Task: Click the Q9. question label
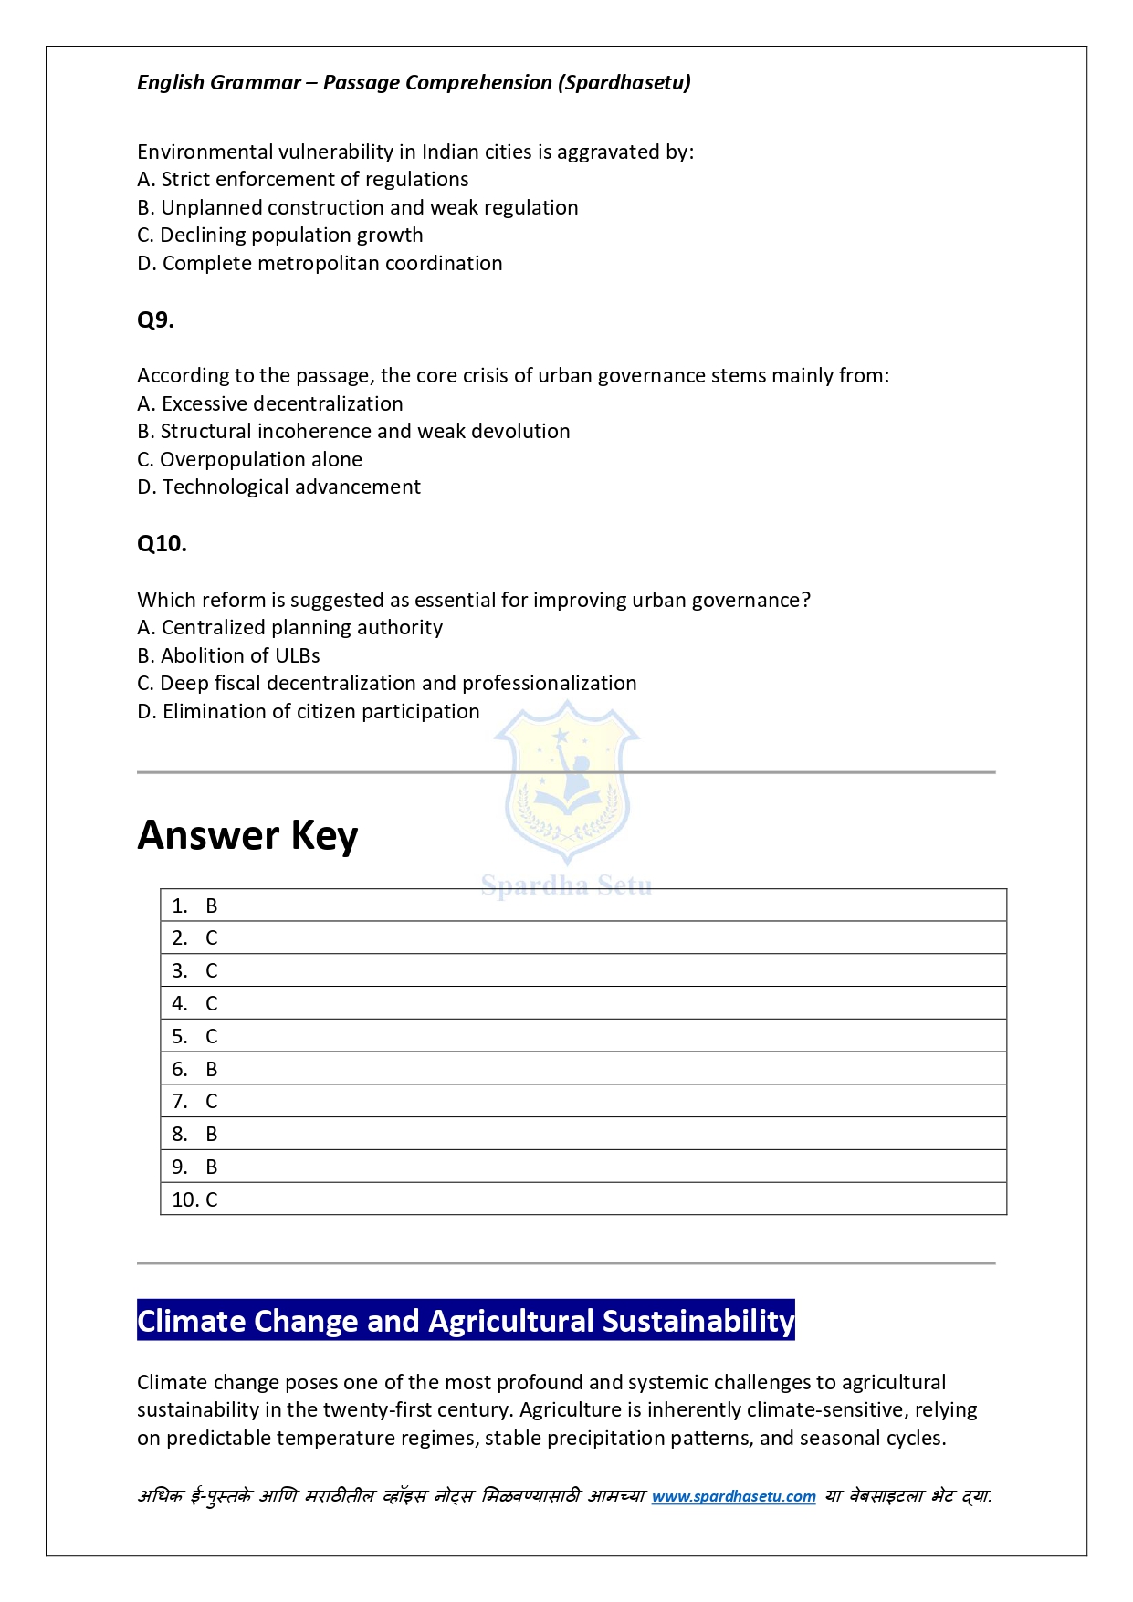coord(155,320)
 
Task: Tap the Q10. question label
coord(162,544)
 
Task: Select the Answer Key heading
coord(247,835)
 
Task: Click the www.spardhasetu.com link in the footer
coord(733,1496)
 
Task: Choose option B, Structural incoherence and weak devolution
coord(353,432)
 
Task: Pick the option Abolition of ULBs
coord(228,656)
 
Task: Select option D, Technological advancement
coord(278,487)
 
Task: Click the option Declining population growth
coord(279,236)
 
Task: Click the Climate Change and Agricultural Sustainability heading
coord(466,1321)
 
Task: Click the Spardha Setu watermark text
coord(566,885)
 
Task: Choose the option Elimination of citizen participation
coord(308,712)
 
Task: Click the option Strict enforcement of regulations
coord(302,180)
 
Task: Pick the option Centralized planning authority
coord(289,628)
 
